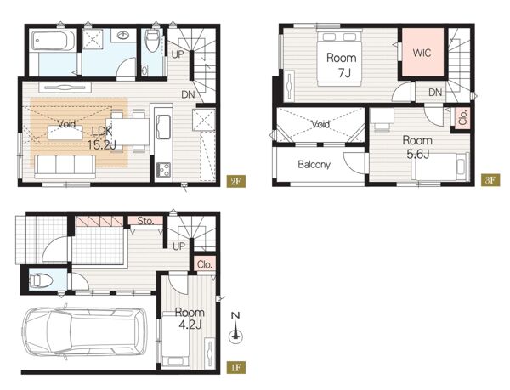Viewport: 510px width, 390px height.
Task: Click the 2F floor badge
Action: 235,181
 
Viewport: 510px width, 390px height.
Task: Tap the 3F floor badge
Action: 490,180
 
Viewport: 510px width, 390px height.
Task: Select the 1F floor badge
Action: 235,368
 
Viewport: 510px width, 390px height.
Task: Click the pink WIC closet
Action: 422,53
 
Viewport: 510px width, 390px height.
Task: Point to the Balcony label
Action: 314,165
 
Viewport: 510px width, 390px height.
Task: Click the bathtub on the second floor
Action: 54,41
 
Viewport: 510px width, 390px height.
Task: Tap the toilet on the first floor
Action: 41,280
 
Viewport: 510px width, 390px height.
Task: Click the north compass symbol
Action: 235,328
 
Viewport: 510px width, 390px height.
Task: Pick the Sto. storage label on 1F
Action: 145,221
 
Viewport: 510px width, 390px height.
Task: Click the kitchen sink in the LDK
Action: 163,127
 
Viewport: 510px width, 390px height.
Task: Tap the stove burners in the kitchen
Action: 163,169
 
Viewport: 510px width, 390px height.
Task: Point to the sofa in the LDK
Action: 65,167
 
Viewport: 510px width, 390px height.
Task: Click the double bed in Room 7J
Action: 339,58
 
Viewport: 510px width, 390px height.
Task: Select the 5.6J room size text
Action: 418,154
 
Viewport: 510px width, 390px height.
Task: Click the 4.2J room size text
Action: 190,325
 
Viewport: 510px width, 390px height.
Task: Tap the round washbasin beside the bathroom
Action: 123,35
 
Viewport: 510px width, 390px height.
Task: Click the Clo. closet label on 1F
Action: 205,264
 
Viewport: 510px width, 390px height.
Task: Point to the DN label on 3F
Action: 435,93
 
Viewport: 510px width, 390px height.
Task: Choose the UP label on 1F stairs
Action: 178,246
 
